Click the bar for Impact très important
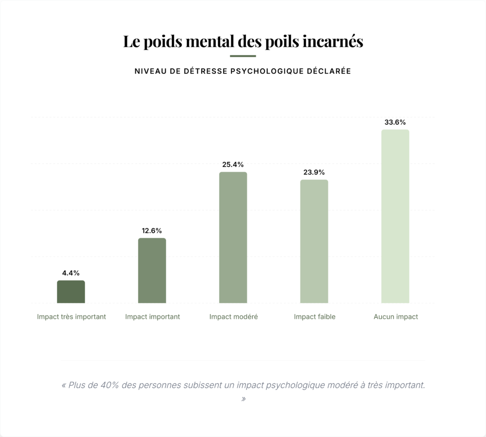pyautogui.click(x=71, y=292)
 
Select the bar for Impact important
pyautogui.click(x=152, y=270)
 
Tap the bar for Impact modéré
pyautogui.click(x=233, y=237)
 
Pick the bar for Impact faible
pyautogui.click(x=314, y=241)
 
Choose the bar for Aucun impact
pyautogui.click(x=395, y=216)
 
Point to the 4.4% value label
pyautogui.click(x=71, y=273)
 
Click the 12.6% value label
pyautogui.click(x=152, y=231)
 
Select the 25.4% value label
pyautogui.click(x=233, y=165)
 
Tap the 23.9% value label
pyautogui.click(x=314, y=172)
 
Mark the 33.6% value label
pyautogui.click(x=395, y=122)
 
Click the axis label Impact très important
pyautogui.click(x=72, y=316)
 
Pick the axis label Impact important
pyautogui.click(x=152, y=316)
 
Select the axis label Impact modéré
pyautogui.click(x=234, y=316)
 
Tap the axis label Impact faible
pyautogui.click(x=315, y=316)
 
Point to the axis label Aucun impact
pyautogui.click(x=396, y=316)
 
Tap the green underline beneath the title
pyautogui.click(x=243, y=56)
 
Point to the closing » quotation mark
pyautogui.click(x=243, y=399)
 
